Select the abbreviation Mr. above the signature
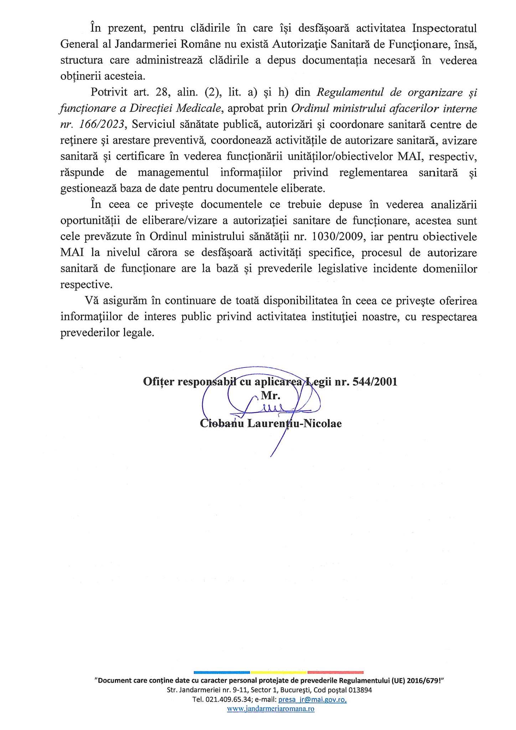pyautogui.click(x=271, y=396)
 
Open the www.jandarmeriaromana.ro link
pyautogui.click(x=271, y=709)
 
